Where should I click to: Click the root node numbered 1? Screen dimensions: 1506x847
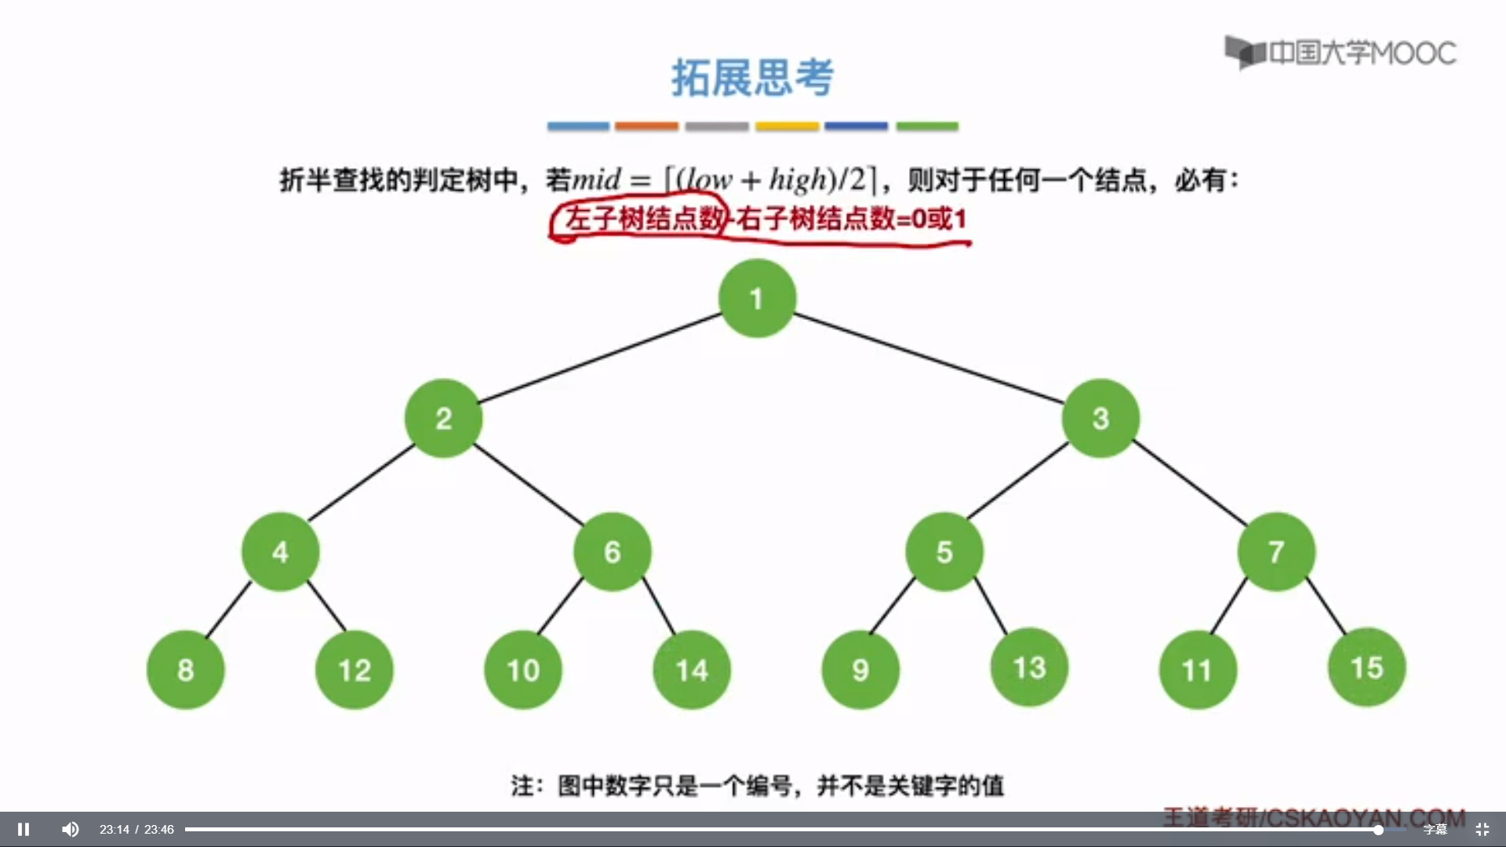point(757,298)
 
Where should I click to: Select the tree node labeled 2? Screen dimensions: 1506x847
point(443,418)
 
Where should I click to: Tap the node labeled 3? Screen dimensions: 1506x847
point(1100,418)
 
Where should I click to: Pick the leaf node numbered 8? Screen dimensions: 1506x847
point(185,670)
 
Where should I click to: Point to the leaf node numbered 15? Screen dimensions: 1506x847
point(1366,667)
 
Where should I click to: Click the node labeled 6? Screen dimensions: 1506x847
point(612,551)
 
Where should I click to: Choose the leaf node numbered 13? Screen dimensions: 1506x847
point(1029,667)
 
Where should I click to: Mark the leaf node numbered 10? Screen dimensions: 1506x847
point(523,670)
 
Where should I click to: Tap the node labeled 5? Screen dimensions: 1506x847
point(944,551)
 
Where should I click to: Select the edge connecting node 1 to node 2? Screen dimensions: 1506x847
point(600,358)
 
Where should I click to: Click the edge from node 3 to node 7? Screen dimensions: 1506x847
point(1189,483)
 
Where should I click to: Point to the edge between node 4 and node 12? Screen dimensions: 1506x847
point(326,606)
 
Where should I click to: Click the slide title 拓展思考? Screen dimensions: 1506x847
point(752,78)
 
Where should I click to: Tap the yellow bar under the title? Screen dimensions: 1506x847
point(787,126)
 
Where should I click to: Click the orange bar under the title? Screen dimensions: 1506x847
point(646,126)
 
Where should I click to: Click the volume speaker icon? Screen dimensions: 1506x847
point(71,829)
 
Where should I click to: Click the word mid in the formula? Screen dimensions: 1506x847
point(596,180)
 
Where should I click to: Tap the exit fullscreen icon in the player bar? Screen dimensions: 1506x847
point(1482,829)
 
